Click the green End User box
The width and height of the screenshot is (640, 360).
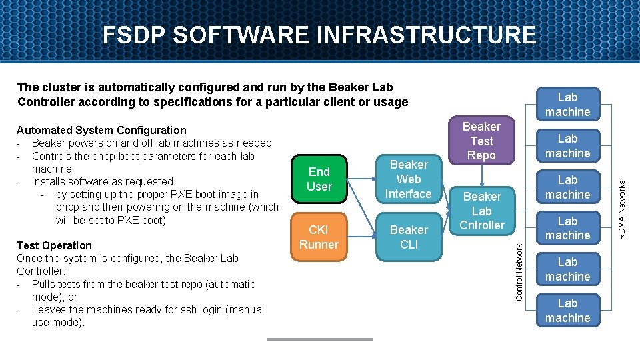319,179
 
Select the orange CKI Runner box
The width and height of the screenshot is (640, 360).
319,237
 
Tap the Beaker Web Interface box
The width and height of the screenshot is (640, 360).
409,179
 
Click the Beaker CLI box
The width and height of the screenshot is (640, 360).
409,237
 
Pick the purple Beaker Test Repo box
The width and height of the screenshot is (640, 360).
481,141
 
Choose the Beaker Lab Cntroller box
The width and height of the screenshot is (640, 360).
481,211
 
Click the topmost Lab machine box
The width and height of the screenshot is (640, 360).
567,105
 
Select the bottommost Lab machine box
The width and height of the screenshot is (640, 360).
567,311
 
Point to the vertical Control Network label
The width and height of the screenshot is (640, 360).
520,261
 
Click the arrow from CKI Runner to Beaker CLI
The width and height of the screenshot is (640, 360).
359,237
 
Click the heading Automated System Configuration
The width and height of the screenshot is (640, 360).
101,130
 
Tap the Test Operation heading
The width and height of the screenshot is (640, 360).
54,245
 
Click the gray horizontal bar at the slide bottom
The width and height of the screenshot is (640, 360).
319,339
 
